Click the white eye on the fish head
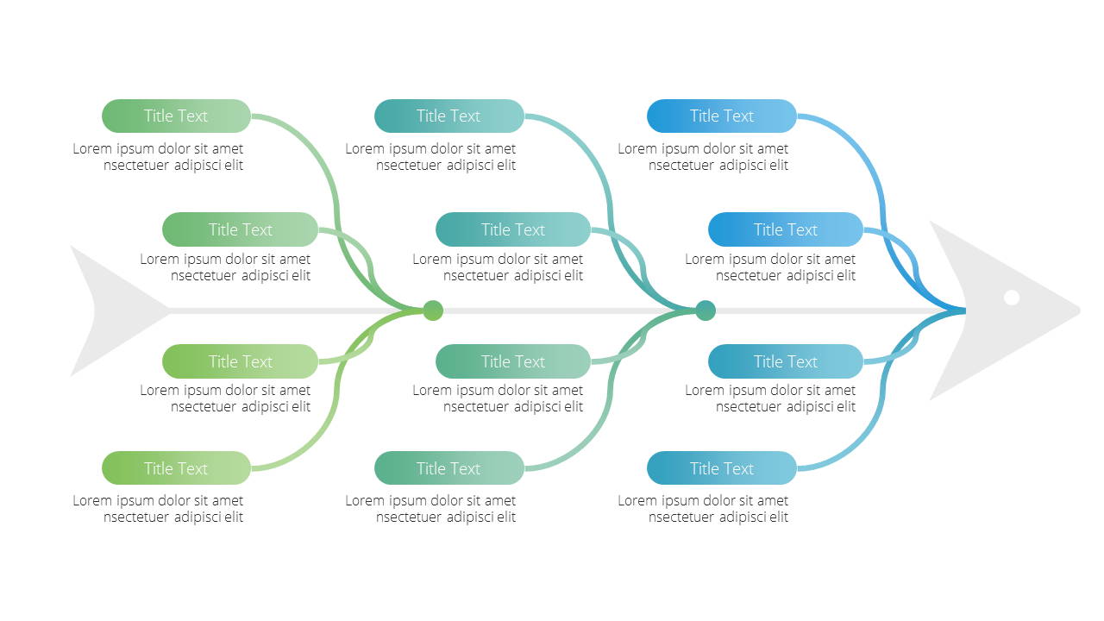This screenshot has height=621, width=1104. click(1012, 298)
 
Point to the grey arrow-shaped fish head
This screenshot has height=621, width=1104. click(1000, 310)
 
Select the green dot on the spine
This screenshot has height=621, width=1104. click(433, 310)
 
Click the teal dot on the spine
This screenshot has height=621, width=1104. click(706, 310)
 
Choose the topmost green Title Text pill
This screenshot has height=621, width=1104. click(177, 116)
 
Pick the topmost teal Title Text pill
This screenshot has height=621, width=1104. click(449, 116)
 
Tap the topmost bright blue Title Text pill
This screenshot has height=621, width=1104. click(722, 116)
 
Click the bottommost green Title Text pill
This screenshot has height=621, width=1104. click(177, 467)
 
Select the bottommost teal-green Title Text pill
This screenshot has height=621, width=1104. click(449, 467)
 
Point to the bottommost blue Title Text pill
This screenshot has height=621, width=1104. click(722, 467)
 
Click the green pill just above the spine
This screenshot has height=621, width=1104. click(240, 229)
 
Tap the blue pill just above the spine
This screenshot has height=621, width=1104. click(786, 229)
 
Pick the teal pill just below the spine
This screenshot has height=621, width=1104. click(513, 361)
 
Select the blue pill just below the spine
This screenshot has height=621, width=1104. click(786, 361)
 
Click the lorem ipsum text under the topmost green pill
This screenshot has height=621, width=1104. click(158, 157)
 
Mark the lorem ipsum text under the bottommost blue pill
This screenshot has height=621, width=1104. click(703, 509)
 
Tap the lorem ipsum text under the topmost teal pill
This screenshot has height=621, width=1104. click(430, 157)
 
